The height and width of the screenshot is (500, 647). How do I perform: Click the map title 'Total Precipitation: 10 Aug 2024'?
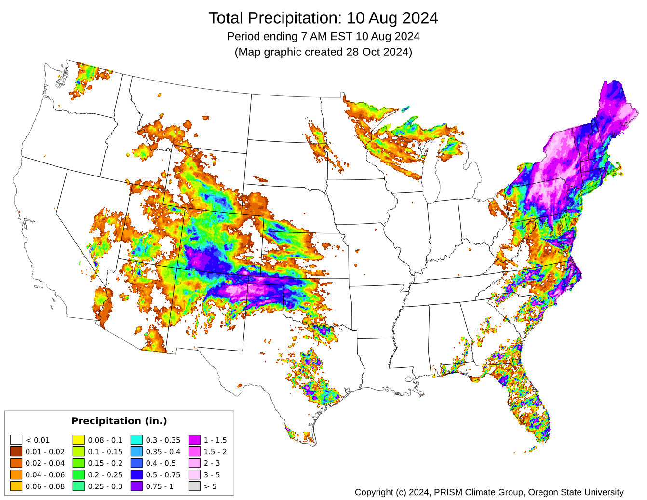tap(323, 18)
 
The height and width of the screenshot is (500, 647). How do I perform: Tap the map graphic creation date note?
tap(323, 52)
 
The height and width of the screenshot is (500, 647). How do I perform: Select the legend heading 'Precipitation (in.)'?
tap(119, 421)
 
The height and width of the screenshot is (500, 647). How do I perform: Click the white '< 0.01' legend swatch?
tap(16, 440)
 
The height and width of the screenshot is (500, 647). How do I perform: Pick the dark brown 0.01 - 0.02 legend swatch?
tap(16, 451)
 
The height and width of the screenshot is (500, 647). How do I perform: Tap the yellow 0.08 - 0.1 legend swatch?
tap(79, 440)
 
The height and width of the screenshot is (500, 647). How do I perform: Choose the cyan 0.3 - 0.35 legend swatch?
tap(136, 440)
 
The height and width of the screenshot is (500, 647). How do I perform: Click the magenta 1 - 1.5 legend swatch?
tap(194, 440)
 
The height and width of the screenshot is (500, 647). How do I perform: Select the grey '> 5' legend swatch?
tap(194, 486)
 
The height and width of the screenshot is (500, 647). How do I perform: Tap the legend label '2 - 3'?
tap(212, 463)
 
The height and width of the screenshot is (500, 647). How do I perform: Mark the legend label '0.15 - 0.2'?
tap(105, 463)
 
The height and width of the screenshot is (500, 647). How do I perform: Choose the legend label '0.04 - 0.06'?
tap(45, 475)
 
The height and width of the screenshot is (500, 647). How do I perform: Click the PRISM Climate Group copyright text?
tap(489, 492)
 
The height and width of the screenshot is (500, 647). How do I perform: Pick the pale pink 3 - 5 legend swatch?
tap(194, 474)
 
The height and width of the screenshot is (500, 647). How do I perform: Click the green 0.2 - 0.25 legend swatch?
tap(79, 474)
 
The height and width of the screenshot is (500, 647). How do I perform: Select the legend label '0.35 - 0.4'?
tap(163, 452)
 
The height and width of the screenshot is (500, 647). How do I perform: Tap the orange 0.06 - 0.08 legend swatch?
tap(16, 486)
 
